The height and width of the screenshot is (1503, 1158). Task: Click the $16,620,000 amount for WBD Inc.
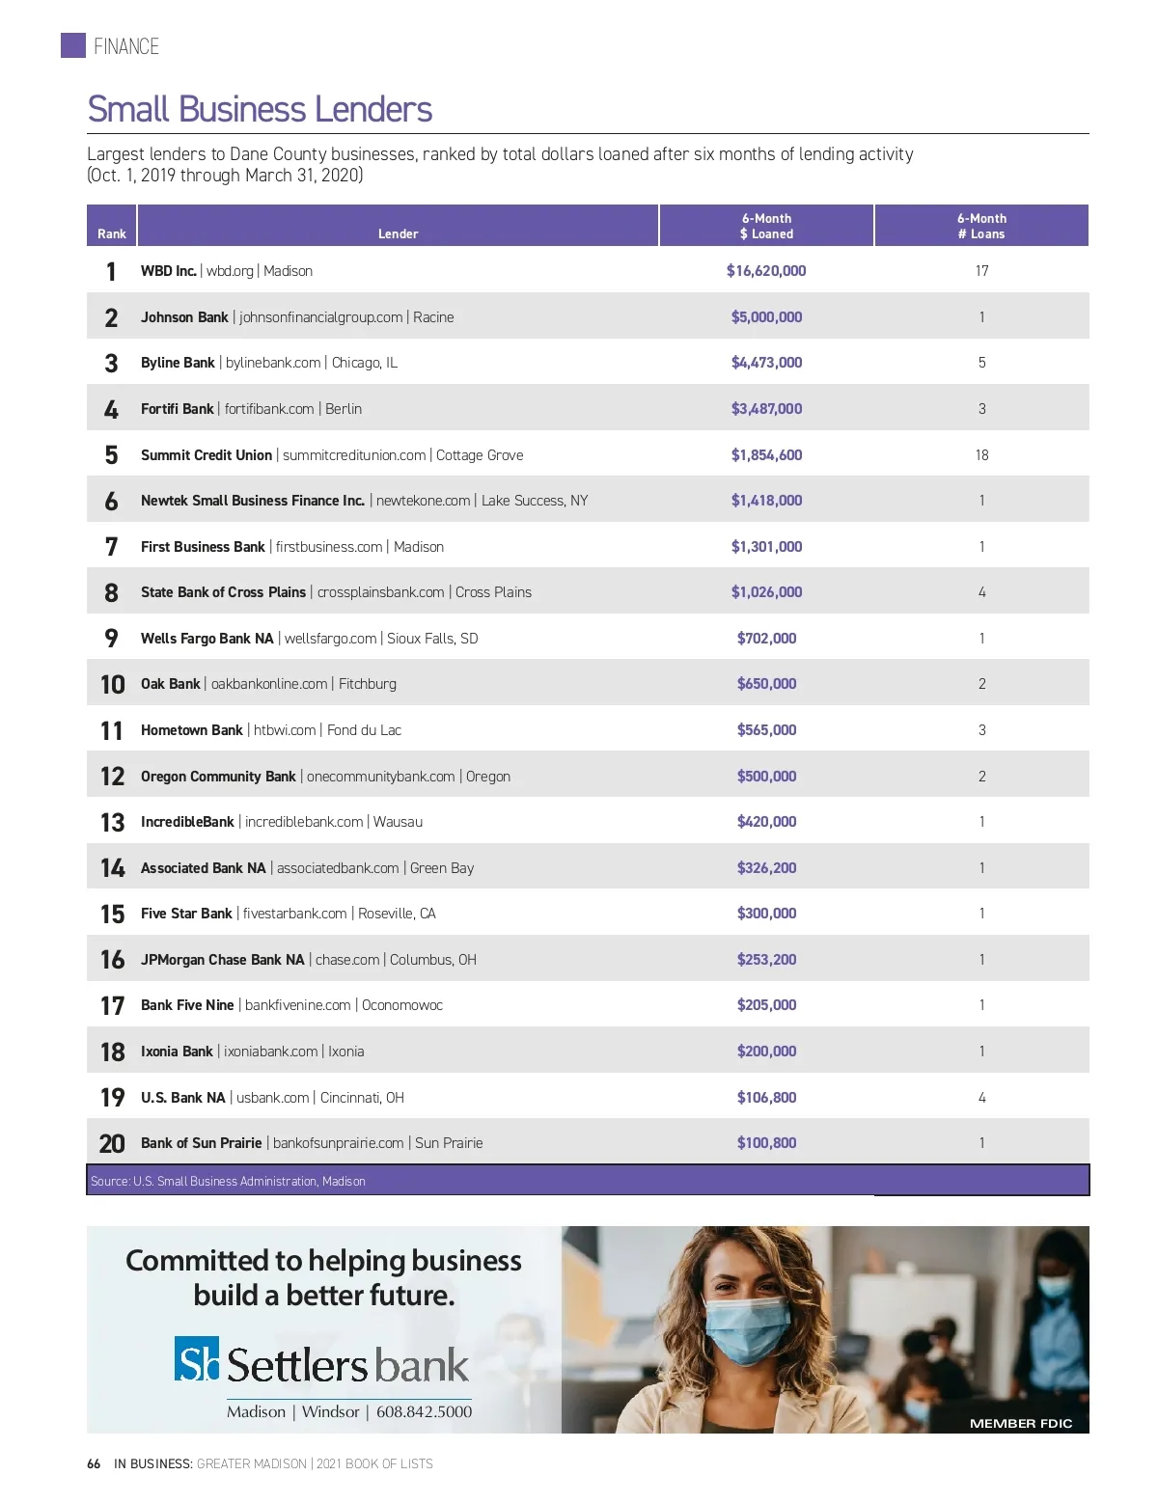click(x=766, y=271)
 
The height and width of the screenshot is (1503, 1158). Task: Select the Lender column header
click(x=398, y=233)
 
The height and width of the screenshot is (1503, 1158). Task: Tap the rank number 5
click(x=111, y=455)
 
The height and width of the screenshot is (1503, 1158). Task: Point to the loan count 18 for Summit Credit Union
click(x=981, y=455)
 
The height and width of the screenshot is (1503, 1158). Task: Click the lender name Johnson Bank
click(x=184, y=317)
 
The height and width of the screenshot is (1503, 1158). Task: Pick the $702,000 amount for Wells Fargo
click(x=766, y=639)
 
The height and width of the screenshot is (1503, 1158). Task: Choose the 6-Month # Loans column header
click(x=981, y=226)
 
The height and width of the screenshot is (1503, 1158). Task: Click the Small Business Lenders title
click(x=260, y=110)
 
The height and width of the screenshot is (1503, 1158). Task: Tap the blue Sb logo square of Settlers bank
click(x=197, y=1358)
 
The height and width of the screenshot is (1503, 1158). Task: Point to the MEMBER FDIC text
click(x=1020, y=1423)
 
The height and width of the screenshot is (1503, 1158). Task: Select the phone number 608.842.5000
click(x=424, y=1411)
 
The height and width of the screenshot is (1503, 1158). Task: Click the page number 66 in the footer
click(x=94, y=1463)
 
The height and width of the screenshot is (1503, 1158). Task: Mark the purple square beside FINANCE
click(x=73, y=45)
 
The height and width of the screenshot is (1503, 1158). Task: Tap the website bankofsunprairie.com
click(x=338, y=1143)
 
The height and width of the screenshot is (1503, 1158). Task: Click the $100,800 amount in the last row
click(x=766, y=1143)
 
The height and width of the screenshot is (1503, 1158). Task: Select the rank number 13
click(x=112, y=822)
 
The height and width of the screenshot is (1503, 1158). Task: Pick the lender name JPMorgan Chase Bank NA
click(x=222, y=960)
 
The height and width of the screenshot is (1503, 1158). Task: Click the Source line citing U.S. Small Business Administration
click(x=228, y=1181)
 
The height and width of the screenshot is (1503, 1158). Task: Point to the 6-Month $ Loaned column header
click(x=766, y=226)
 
